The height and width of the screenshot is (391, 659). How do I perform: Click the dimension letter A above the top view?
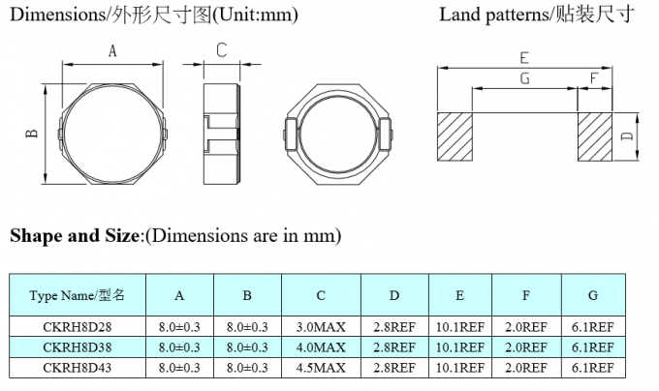coord(112,52)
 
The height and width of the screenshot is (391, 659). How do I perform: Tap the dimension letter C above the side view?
coord(222,50)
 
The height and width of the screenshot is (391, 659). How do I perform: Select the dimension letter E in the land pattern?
coord(523,57)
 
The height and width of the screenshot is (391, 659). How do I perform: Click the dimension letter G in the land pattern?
coord(524,78)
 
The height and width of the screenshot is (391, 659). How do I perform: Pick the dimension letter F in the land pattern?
coord(593,78)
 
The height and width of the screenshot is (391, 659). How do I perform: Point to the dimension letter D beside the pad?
coord(627,137)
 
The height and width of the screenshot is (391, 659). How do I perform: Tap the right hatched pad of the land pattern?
coord(595,137)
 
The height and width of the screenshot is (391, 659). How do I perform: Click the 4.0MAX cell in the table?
coord(321,347)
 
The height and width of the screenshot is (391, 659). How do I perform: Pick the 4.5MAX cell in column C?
coord(321,367)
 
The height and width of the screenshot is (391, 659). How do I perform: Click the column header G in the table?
coord(592,295)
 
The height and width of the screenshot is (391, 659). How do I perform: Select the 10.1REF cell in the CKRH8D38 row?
coord(459,347)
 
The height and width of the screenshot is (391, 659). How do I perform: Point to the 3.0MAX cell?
coord(321,328)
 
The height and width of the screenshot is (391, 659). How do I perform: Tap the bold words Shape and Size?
coord(76,235)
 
